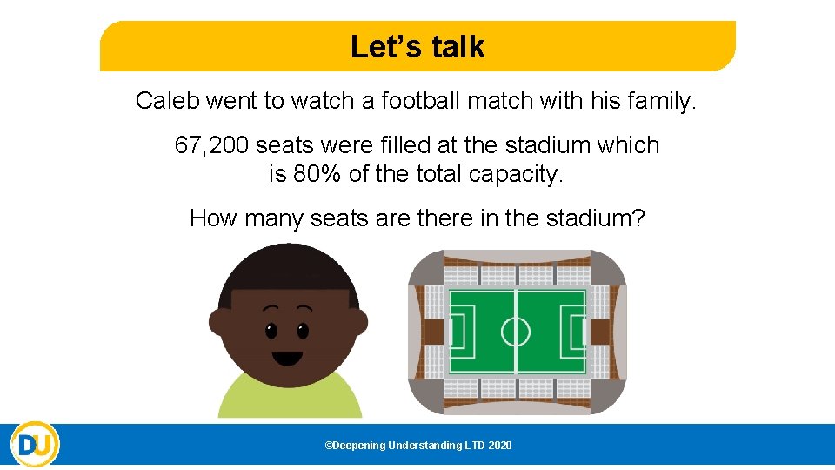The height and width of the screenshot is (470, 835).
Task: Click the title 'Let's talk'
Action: click(417, 47)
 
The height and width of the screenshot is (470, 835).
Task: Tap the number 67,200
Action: click(211, 145)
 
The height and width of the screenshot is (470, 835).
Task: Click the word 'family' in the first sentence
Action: click(664, 101)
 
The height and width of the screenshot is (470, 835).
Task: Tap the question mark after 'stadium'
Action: click(639, 218)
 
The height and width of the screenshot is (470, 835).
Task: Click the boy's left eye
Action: click(271, 331)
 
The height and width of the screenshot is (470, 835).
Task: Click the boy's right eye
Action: click(303, 331)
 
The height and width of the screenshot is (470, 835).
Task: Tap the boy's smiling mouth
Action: click(287, 357)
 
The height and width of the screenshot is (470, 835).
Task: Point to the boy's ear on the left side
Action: click(217, 322)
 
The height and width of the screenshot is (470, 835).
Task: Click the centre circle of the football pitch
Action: click(516, 332)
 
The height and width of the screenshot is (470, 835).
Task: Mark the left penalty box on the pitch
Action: click(460, 332)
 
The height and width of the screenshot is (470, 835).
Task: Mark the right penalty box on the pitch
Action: click(573, 332)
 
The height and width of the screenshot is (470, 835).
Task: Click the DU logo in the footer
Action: click(35, 445)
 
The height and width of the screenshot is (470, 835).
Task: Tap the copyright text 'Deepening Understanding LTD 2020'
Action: click(418, 446)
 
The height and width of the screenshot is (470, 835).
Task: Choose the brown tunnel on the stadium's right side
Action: click(600, 332)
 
